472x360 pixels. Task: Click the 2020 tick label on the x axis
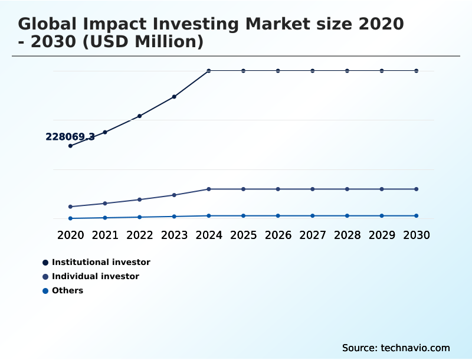(x=71, y=235)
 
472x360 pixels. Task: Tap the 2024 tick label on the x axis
(x=209, y=235)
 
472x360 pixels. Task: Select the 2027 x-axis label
(x=313, y=235)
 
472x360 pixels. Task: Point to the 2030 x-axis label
(x=417, y=235)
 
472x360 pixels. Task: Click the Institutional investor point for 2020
(x=71, y=146)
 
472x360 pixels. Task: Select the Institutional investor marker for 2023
(x=174, y=97)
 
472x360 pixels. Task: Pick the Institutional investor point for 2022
(x=140, y=116)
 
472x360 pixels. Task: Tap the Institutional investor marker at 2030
(x=417, y=71)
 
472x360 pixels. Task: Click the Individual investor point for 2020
(x=71, y=207)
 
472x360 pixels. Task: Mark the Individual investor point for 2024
(x=209, y=189)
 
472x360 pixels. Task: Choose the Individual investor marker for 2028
(x=348, y=189)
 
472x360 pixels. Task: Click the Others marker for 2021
(x=105, y=218)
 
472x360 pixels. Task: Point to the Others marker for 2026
(x=278, y=216)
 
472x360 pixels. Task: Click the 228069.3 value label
(x=70, y=137)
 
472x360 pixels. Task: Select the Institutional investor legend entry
(x=100, y=262)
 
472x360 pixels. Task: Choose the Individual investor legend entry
(x=95, y=276)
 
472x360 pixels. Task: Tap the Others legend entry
(x=67, y=290)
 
